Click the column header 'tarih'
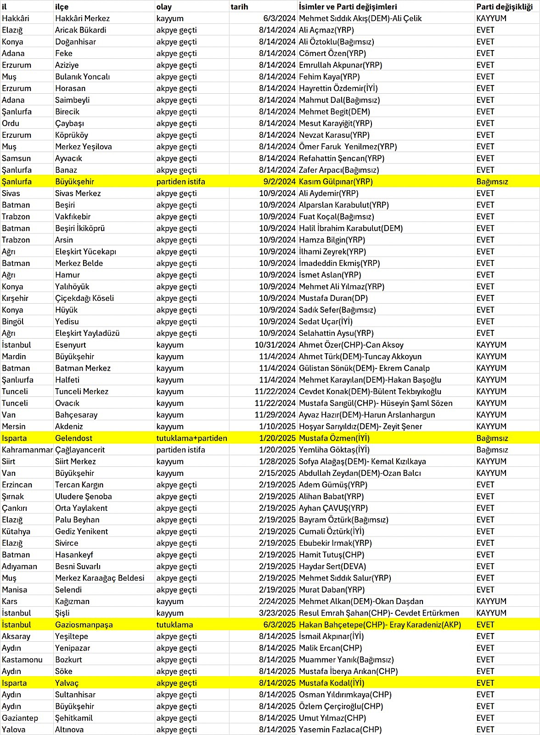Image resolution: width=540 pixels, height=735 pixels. click(239, 7)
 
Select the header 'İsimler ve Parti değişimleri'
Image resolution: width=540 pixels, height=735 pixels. click(348, 7)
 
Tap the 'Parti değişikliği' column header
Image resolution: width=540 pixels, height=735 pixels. click(504, 7)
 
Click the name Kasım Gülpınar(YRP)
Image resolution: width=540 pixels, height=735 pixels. click(336, 181)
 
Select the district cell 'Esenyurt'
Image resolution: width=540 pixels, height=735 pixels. click(71, 345)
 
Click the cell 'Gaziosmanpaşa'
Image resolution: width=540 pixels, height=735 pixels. click(84, 625)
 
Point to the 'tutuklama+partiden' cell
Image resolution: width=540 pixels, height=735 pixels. click(191, 438)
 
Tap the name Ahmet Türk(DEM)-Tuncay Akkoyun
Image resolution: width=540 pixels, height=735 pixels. click(360, 356)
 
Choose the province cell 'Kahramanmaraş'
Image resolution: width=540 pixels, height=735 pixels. click(27, 450)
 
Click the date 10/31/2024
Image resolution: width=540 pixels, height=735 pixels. click(275, 345)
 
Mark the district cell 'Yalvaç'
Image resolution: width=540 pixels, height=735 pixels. click(67, 683)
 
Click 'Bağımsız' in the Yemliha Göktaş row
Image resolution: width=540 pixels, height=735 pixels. click(492, 450)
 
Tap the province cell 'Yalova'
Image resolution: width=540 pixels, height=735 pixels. click(14, 729)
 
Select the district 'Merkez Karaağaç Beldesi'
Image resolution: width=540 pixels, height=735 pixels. click(100, 578)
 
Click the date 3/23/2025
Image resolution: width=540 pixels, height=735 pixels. click(277, 613)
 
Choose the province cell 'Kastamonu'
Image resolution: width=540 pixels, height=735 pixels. click(22, 660)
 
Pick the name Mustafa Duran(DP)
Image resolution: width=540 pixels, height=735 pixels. click(333, 298)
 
